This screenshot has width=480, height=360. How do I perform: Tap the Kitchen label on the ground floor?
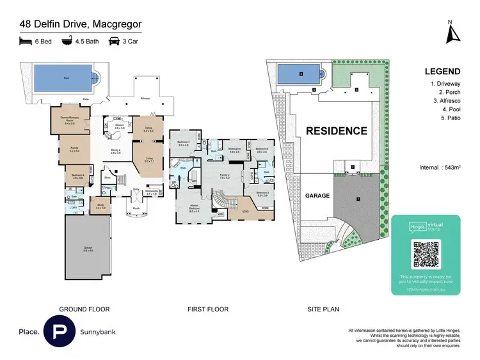(x=120, y=127)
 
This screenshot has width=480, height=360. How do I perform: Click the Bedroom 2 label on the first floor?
(x=184, y=143)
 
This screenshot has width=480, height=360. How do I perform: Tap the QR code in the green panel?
(x=426, y=255)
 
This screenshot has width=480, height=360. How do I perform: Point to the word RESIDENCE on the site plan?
(x=336, y=131)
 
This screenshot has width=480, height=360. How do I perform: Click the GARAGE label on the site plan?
(x=318, y=196)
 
